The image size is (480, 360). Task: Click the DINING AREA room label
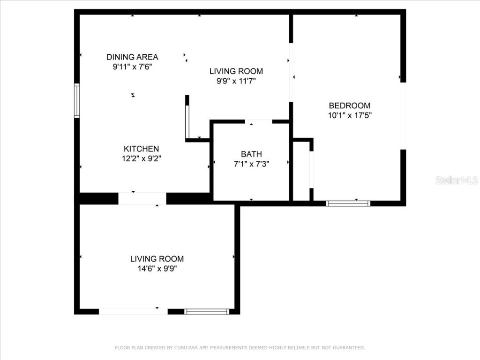(x=132, y=57)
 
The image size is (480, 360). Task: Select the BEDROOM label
(x=349, y=105)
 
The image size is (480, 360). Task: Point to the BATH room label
(x=251, y=154)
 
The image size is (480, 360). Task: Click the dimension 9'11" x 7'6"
(x=132, y=67)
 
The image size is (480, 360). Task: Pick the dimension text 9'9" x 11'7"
(x=236, y=81)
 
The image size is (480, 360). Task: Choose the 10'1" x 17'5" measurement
(x=349, y=115)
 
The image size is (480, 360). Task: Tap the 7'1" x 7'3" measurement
(x=251, y=164)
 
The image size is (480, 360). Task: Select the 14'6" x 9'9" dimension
(x=157, y=269)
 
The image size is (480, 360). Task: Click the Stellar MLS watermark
(x=456, y=180)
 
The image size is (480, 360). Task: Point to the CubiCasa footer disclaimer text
(x=240, y=347)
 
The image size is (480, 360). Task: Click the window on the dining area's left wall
(x=77, y=100)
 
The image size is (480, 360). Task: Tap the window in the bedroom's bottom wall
(x=348, y=203)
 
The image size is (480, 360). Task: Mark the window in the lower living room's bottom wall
(x=206, y=311)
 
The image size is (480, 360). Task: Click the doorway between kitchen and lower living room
(x=142, y=199)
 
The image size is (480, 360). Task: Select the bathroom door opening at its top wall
(x=258, y=121)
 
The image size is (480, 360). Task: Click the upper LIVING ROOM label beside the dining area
(x=236, y=71)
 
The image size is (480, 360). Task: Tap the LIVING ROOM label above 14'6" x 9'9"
(x=157, y=259)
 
